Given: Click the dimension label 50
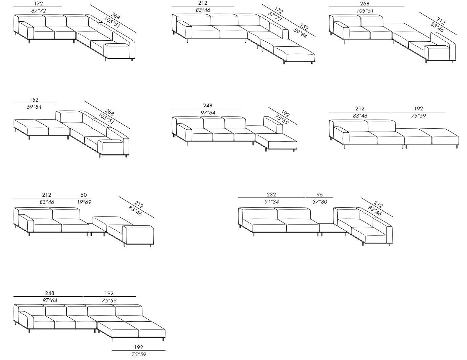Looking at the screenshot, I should (84, 195).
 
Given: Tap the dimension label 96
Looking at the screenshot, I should (319, 195).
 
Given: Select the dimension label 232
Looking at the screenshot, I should (271, 195).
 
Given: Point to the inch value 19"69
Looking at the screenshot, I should (84, 202).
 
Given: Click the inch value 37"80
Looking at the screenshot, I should (319, 202).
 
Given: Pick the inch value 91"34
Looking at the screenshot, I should (271, 202).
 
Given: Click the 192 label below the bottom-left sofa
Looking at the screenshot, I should (138, 347).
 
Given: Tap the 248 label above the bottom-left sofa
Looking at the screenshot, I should (49, 293).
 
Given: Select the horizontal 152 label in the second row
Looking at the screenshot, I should (34, 100).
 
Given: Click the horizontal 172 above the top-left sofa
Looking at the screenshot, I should (39, 4).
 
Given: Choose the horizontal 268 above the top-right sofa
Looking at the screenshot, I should (364, 4).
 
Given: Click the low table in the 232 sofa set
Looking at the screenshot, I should (332, 228).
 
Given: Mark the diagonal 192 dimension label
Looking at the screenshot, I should (285, 113).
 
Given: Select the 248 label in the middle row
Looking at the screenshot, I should (208, 106).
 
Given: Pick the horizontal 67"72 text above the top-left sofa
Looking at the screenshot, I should (39, 11).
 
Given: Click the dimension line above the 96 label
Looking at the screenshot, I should (319, 198).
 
